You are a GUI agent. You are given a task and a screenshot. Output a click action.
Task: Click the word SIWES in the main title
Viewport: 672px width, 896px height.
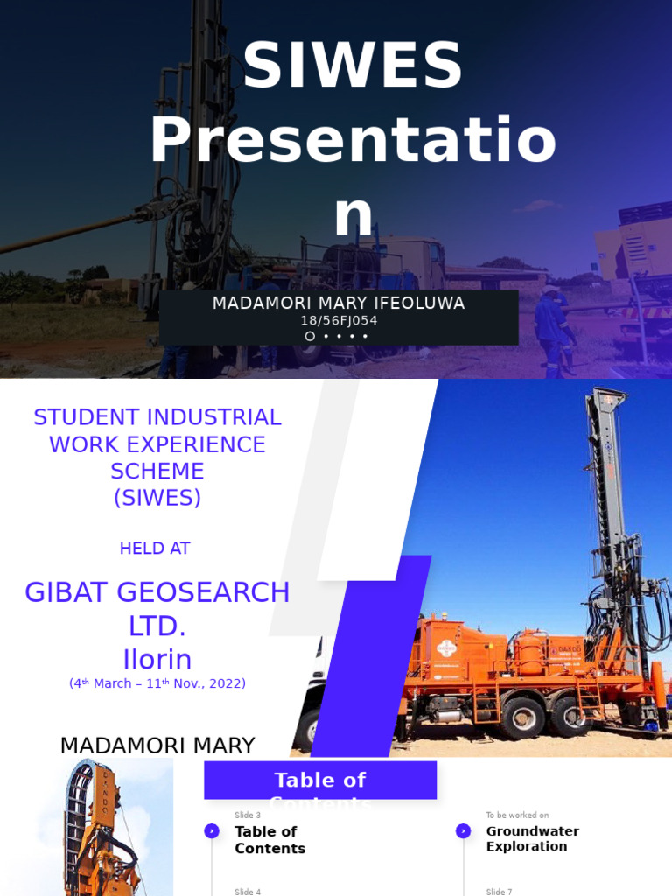pos(353,66)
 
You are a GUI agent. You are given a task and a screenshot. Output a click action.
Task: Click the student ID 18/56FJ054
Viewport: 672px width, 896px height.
pos(339,321)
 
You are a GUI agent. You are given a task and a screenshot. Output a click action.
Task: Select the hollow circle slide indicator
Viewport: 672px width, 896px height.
pos(310,336)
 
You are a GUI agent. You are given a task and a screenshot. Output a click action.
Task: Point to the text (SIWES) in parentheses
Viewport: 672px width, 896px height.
pos(157,498)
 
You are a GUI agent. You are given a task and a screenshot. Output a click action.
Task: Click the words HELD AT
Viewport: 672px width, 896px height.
pos(155,549)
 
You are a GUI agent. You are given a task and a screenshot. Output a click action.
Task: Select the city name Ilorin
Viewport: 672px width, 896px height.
pos(157,659)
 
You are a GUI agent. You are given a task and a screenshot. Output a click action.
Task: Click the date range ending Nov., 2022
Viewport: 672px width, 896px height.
pos(157,683)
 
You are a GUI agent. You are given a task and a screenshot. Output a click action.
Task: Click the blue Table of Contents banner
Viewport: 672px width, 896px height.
pos(320,780)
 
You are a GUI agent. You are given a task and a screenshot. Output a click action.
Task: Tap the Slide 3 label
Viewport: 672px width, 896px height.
pos(248,815)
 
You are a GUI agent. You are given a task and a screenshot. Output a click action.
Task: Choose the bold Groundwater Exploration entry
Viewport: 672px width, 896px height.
pos(532,838)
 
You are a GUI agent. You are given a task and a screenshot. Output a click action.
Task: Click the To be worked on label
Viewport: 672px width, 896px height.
pos(518,815)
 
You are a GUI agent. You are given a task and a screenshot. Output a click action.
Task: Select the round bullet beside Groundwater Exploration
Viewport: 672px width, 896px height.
pos(463,831)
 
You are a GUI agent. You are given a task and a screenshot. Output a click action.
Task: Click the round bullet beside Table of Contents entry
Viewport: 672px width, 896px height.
pos(212,831)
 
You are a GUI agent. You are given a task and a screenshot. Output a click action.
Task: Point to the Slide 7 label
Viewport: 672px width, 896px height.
pos(500,891)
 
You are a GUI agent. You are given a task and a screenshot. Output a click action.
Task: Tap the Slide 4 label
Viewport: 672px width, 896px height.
pos(248,891)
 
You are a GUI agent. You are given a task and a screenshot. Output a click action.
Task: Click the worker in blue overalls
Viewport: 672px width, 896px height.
pos(551,328)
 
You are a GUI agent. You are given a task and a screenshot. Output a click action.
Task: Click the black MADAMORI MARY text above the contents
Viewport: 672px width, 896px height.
pos(157,745)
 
